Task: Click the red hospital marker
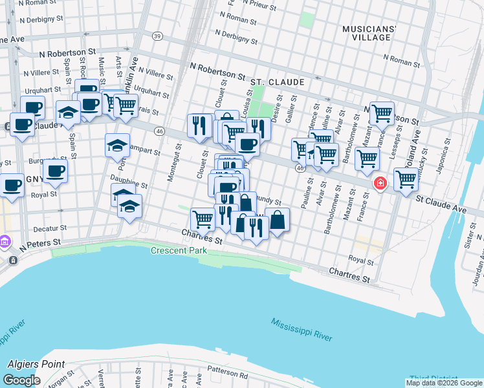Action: pyautogui.click(x=380, y=184)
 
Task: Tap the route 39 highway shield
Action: pyautogui.click(x=157, y=36)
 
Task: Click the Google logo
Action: pyautogui.click(x=21, y=380)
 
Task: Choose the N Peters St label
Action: pyautogui.click(x=40, y=244)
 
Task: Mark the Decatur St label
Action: pyautogui.click(x=50, y=228)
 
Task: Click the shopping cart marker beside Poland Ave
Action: pyautogui.click(x=406, y=179)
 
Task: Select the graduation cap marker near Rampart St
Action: pyautogui.click(x=118, y=145)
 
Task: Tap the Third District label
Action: pyautogui.click(x=433, y=379)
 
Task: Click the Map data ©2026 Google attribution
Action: pyautogui.click(x=444, y=383)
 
